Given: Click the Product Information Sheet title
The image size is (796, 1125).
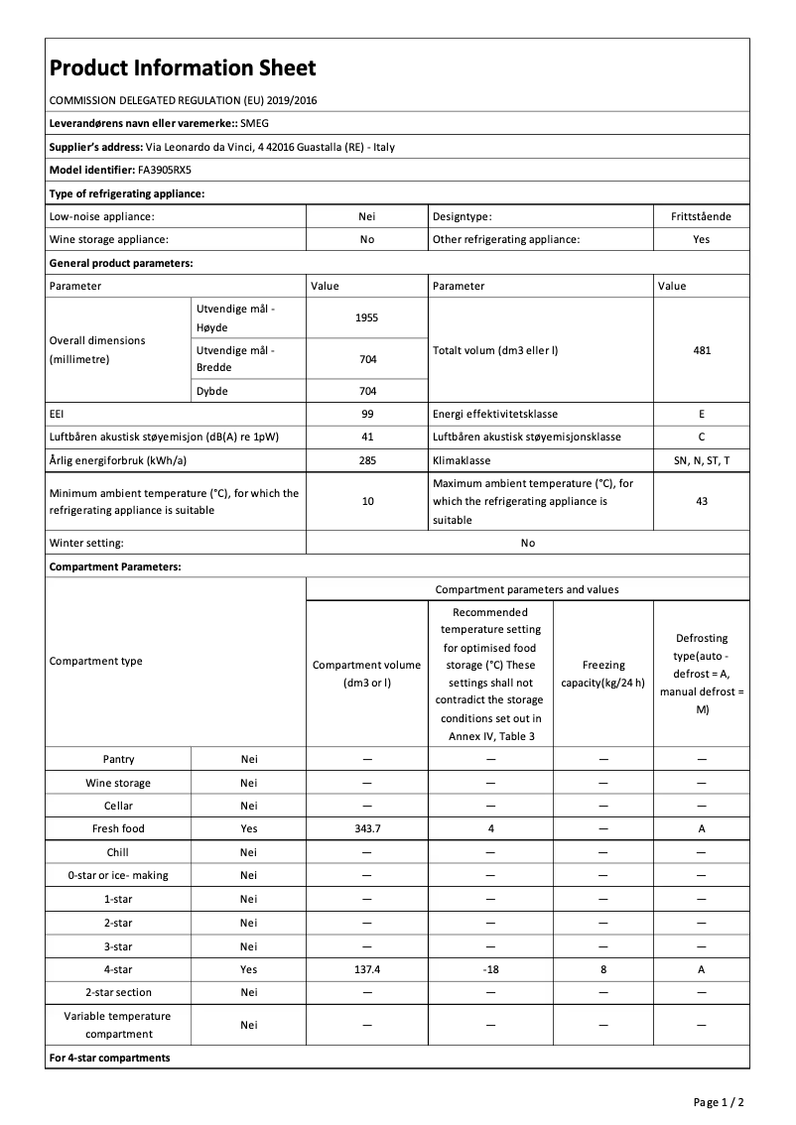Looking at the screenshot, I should coord(183,67).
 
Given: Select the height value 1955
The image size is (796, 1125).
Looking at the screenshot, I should coord(367,318).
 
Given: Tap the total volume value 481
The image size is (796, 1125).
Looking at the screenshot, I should coord(702,350).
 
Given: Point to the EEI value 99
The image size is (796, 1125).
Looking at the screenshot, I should coord(367,414).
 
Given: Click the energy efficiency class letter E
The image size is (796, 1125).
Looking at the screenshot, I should coord(702,414).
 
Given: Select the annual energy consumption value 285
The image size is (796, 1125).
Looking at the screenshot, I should coord(367,461).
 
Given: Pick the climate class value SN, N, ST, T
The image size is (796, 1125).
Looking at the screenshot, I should coord(702,461).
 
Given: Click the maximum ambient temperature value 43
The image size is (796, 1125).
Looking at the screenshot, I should coord(702,501).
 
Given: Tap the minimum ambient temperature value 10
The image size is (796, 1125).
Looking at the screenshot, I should coord(367,501).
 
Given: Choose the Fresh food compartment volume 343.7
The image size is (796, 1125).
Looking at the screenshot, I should coord(367,828).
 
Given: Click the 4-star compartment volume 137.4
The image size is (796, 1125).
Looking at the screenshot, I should coord(367,969).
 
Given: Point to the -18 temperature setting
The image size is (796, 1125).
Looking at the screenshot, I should coord(490,969).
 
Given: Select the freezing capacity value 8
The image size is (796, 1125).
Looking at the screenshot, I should coord(603,969).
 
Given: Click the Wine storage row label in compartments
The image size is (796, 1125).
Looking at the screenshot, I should coord(118,783).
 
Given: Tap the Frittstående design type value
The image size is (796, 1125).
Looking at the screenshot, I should coord(702,216).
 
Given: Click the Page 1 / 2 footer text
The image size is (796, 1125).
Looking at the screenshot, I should coord(719,1102).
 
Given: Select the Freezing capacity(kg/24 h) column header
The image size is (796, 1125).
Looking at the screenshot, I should coord(603,674).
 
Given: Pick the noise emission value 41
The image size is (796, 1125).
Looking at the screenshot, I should coord(367,437).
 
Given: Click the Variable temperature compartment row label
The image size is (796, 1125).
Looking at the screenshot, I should coord(118,1025).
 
